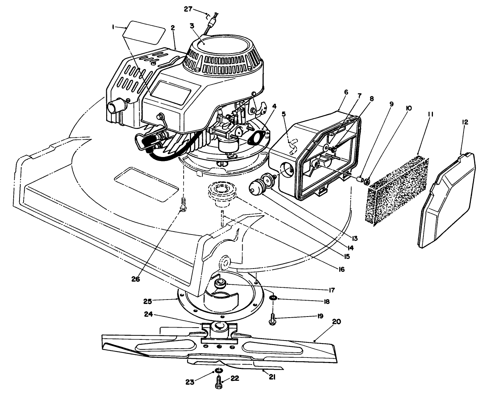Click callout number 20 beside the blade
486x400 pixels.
click(x=336, y=322)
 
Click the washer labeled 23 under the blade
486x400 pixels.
click(x=218, y=371)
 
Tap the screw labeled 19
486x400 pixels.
click(x=272, y=319)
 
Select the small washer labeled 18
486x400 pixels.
click(x=273, y=298)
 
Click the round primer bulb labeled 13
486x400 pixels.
click(x=254, y=186)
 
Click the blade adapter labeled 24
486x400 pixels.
click(x=219, y=328)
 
